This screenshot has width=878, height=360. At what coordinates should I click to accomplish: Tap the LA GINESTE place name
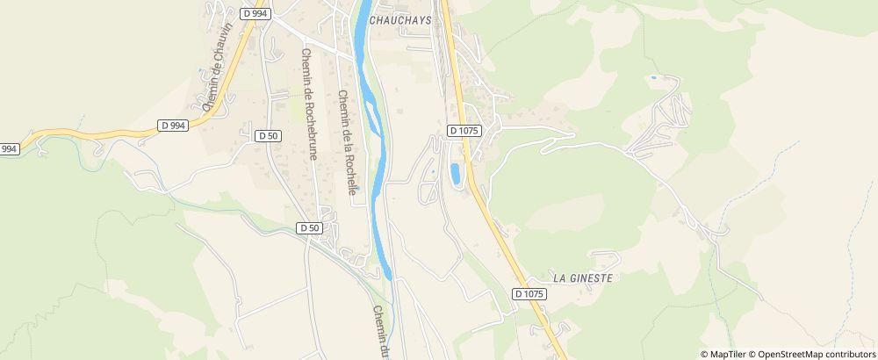pyautogui.click(x=582, y=277)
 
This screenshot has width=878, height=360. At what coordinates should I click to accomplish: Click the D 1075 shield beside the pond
pyautogui.click(x=464, y=130)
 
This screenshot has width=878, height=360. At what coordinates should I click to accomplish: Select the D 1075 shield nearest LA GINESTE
pyautogui.click(x=529, y=294)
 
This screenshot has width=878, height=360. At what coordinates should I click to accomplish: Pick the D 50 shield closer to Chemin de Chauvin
pyautogui.click(x=268, y=135)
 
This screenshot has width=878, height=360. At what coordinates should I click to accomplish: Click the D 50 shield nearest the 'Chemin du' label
pyautogui.click(x=309, y=227)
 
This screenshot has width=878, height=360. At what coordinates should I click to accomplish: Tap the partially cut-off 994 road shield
pyautogui.click(x=9, y=149)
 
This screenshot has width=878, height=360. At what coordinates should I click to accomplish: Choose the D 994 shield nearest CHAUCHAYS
pyautogui.click(x=254, y=14)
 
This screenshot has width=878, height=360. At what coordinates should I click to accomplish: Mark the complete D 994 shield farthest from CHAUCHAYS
pyautogui.click(x=173, y=126)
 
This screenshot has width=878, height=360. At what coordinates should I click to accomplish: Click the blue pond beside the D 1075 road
pyautogui.click(x=455, y=173)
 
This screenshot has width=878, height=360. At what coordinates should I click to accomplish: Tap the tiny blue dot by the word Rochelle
pyautogui.click(x=356, y=186)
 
